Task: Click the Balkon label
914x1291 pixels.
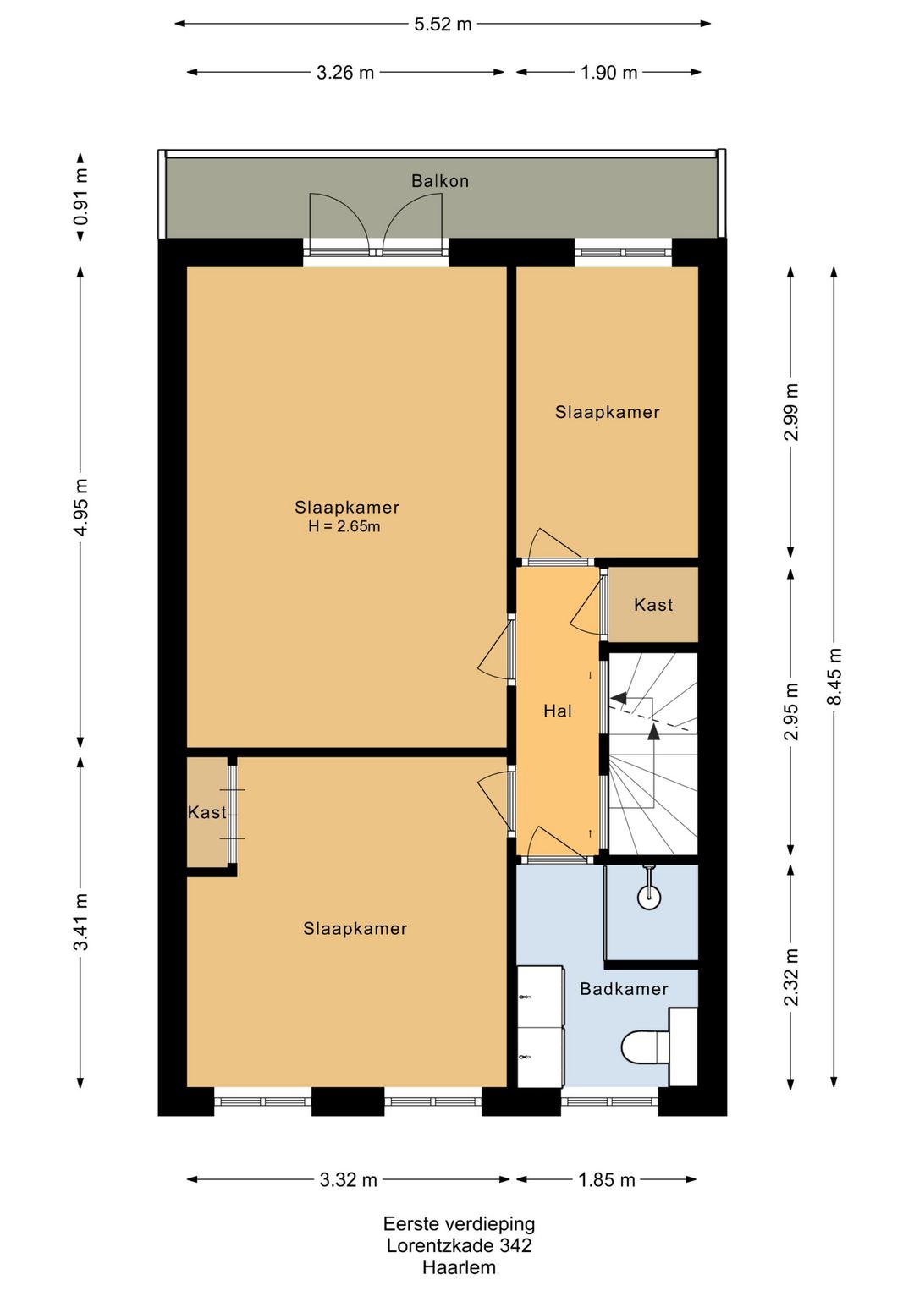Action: tap(439, 181)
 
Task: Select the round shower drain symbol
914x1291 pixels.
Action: tap(649, 898)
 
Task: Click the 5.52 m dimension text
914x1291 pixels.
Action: tap(443, 25)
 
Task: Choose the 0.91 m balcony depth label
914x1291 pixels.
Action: tap(80, 196)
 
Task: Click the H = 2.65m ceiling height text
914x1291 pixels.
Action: tap(344, 526)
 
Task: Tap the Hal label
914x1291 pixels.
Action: tap(558, 711)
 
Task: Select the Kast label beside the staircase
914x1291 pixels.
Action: tap(653, 605)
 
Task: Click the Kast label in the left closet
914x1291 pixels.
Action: tap(207, 813)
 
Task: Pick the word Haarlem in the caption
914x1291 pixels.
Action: tap(459, 1267)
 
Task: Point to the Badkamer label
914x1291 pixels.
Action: tap(624, 989)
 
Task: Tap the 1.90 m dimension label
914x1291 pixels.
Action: tap(609, 73)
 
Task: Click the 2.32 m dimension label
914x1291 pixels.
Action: tap(792, 977)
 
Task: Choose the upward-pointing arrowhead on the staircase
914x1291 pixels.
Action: tap(653, 731)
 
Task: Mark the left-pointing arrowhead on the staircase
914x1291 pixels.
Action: tap(618, 698)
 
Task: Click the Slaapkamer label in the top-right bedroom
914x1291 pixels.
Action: tap(608, 412)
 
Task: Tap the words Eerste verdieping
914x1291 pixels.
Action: tap(459, 1223)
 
